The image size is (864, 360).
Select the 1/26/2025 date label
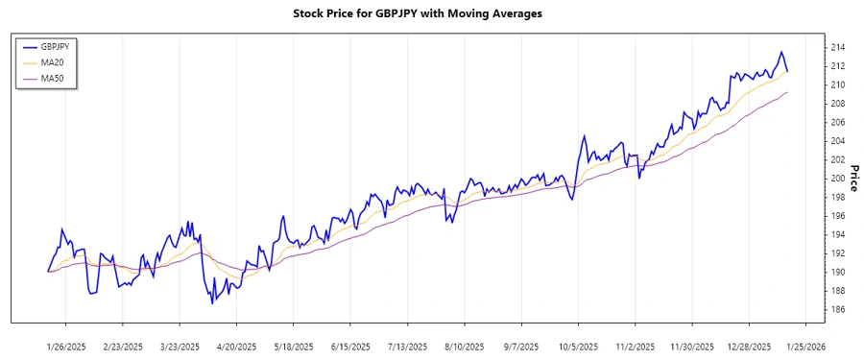tap(66, 346)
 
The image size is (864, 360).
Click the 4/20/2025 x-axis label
tap(237, 346)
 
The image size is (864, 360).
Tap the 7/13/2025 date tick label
tap(408, 346)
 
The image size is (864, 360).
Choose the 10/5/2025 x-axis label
tap(579, 346)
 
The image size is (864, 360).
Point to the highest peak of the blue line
tap(781, 52)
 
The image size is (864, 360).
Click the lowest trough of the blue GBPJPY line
tap(212, 303)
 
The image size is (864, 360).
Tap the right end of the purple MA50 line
tap(787, 92)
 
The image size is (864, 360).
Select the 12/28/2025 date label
tap(749, 346)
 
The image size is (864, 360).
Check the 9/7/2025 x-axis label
tap(522, 346)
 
